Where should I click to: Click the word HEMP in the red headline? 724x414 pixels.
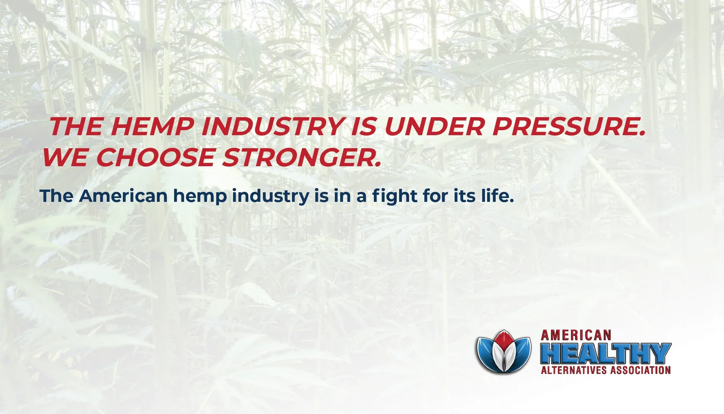(x=152, y=127)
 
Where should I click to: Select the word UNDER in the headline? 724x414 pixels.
(x=434, y=127)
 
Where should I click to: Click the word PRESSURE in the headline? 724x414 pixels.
(x=568, y=127)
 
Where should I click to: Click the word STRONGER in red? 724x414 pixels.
(x=301, y=158)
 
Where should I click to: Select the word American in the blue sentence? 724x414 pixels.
(x=123, y=196)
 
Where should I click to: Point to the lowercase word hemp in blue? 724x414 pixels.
(x=200, y=197)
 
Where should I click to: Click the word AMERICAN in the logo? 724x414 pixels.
(x=576, y=335)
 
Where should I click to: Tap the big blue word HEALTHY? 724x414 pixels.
(x=605, y=353)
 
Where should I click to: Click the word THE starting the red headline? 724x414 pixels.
(x=76, y=127)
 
